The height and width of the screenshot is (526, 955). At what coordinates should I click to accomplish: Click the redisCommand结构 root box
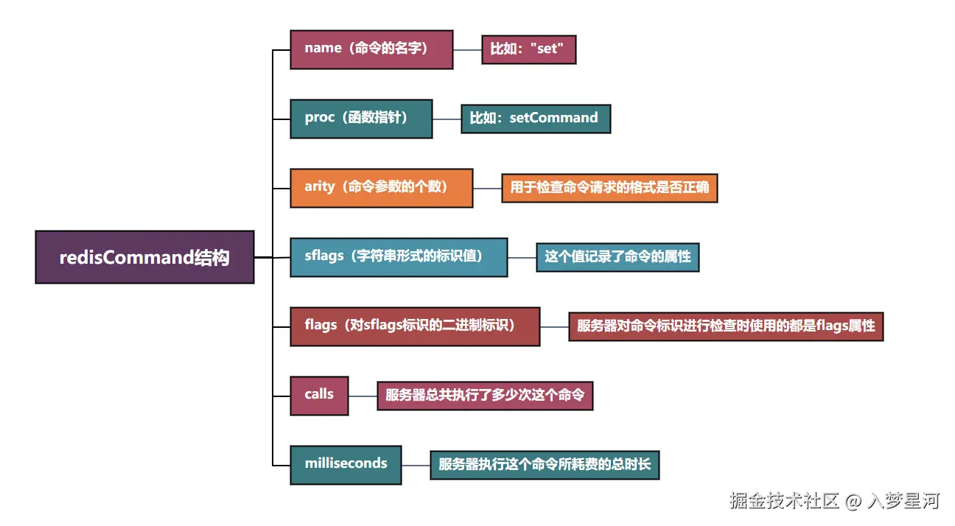[144, 257]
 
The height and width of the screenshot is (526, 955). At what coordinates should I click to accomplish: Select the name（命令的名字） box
[371, 49]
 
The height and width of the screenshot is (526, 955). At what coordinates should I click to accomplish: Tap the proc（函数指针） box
[361, 119]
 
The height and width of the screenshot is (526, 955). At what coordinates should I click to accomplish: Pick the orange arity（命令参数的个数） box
[381, 188]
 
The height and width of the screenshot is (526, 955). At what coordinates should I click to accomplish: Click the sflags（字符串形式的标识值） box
[399, 257]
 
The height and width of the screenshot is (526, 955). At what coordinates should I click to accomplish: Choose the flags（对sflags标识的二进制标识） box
[415, 326]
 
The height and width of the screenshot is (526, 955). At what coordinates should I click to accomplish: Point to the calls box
[319, 396]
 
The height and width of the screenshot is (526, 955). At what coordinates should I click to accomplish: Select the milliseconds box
[346, 465]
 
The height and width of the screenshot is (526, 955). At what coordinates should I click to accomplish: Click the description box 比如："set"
[528, 50]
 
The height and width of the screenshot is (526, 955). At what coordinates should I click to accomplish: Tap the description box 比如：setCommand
[536, 119]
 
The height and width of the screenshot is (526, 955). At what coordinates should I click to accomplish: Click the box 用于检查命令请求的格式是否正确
[609, 188]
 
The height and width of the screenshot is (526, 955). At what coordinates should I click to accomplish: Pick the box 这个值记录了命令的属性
[618, 257]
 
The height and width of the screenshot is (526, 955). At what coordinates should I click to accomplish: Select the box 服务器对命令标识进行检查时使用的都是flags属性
[726, 326]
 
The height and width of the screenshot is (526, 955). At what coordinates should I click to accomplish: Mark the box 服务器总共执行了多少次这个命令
[485, 396]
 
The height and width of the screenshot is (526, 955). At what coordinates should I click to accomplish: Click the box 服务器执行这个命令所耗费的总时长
[545, 465]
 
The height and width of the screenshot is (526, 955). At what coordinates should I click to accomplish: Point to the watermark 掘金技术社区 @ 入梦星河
[834, 502]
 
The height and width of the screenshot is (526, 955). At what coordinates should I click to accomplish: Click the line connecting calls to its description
[363, 396]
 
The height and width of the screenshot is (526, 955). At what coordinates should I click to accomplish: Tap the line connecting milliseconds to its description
[416, 465]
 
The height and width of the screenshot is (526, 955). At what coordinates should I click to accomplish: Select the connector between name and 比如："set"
[467, 50]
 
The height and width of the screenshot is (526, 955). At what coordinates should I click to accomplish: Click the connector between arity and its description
[487, 188]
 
